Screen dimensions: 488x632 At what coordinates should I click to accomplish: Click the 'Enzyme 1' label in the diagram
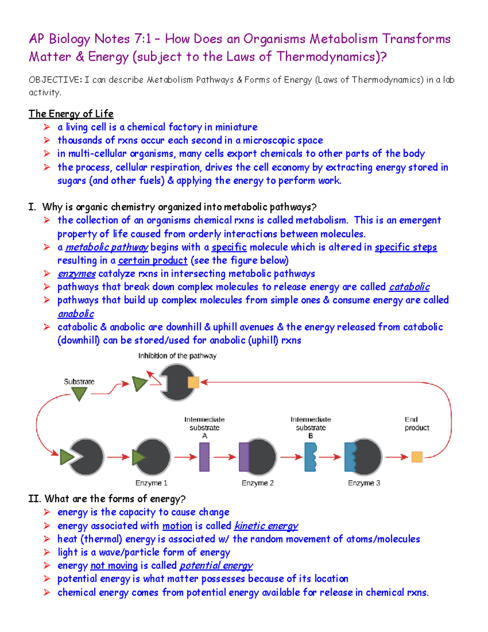[151, 483]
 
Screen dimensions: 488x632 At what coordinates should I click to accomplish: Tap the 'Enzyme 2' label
[257, 483]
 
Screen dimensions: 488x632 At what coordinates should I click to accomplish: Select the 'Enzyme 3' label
[364, 483]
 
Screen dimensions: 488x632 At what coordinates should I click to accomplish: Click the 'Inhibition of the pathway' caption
[177, 356]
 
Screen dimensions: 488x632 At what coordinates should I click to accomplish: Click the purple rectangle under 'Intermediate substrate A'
[205, 457]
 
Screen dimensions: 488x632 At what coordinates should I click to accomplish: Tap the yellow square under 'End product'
[417, 457]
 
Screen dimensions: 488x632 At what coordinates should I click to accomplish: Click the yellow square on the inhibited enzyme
[193, 383]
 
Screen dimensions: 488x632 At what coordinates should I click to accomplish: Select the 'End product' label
[416, 424]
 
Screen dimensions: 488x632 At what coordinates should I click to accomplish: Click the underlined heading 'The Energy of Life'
[71, 114]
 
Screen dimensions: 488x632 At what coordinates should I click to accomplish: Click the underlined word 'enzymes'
[76, 273]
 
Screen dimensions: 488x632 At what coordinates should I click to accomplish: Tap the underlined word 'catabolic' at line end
[409, 287]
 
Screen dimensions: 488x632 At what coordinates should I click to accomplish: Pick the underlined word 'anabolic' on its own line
[76, 314]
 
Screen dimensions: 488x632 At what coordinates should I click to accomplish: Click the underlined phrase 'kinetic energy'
[266, 526]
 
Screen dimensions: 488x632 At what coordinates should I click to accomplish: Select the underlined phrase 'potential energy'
[216, 566]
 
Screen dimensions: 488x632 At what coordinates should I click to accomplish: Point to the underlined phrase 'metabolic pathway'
[107, 247]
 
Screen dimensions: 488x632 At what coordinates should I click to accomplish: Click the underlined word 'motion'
[177, 526]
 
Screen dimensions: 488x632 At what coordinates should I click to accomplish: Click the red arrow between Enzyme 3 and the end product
[396, 457]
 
